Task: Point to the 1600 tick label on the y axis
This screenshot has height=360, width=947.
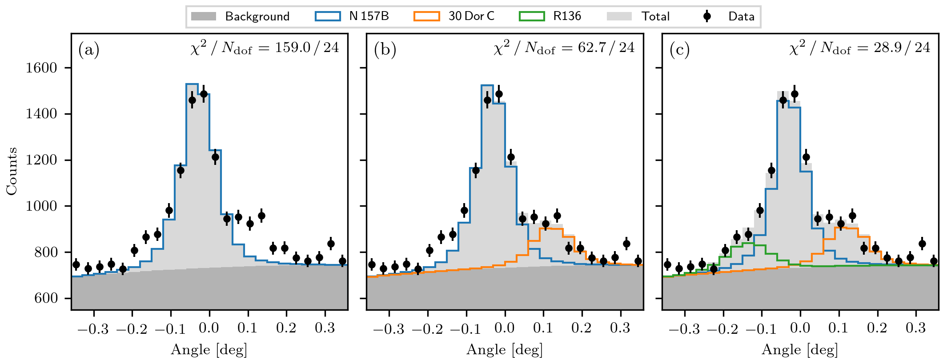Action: coord(41,68)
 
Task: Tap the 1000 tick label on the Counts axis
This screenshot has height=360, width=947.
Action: coord(41,206)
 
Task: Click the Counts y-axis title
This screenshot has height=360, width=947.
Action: coord(12,171)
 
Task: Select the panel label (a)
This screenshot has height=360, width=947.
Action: coord(88,49)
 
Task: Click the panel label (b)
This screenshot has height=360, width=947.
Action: coord(385,49)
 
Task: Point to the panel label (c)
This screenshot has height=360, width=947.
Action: coord(680,49)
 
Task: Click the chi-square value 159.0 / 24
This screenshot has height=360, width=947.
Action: coord(307,48)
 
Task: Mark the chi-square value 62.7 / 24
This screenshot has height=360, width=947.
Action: coord(606,48)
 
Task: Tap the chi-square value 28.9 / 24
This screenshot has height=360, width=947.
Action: coord(902,48)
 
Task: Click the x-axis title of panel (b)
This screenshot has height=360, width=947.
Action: coord(505,350)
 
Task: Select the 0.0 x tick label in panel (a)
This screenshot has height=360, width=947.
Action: coord(209,328)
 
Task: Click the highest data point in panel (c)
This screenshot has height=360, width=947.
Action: coord(795,94)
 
